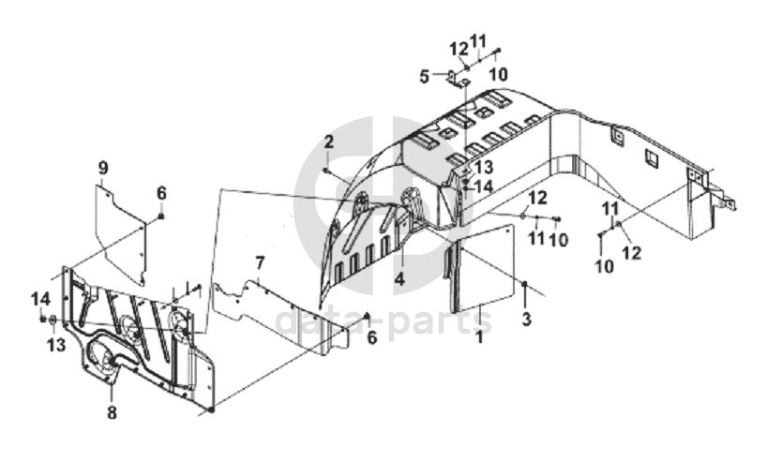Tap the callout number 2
click(x=329, y=142)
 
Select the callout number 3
click(x=526, y=320)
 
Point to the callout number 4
click(x=399, y=278)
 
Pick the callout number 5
click(x=424, y=76)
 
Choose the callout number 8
click(x=112, y=410)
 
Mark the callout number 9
click(x=103, y=168)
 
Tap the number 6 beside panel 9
click(x=161, y=192)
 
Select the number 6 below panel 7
click(x=371, y=338)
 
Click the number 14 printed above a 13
click(x=38, y=299)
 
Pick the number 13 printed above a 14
click(x=483, y=166)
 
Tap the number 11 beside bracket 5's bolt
click(x=479, y=40)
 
